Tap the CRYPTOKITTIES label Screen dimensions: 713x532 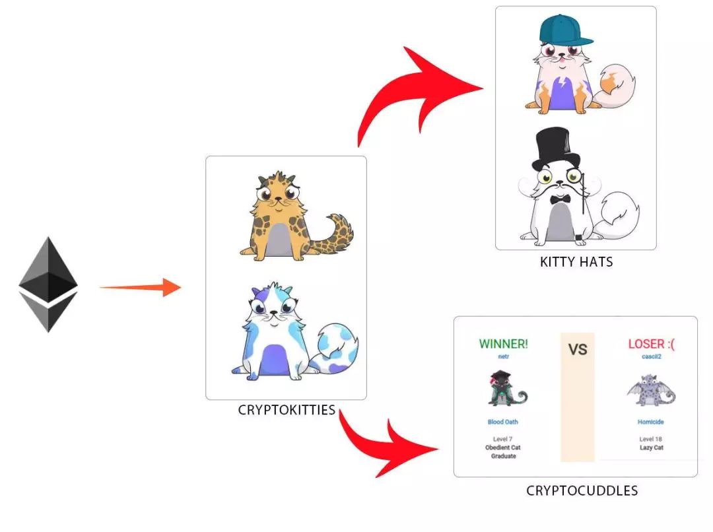coord(287,410)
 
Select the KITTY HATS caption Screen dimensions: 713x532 coord(576,262)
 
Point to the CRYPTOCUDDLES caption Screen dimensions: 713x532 coord(582,490)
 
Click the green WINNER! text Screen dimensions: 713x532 coord(504,343)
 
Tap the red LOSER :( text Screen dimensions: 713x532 coord(651,343)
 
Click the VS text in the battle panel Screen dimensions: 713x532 coord(578,349)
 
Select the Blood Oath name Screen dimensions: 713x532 coord(504,422)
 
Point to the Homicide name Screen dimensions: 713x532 coord(651,422)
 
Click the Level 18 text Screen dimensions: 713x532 coord(651,439)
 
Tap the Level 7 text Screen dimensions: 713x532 coord(504,439)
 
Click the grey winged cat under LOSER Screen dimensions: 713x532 coord(651,391)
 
